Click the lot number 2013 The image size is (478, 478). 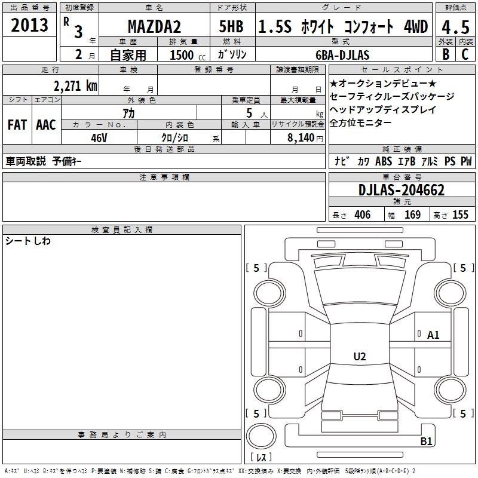click(29, 25)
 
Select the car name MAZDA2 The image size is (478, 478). click(154, 26)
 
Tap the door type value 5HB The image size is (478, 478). click(231, 26)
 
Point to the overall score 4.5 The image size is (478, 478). click(455, 27)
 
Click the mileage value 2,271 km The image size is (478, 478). click(76, 85)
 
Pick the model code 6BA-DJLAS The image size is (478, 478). click(342, 55)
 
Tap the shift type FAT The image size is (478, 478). click(17, 125)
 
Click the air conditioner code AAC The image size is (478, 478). click(46, 125)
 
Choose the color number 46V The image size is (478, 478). click(99, 138)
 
